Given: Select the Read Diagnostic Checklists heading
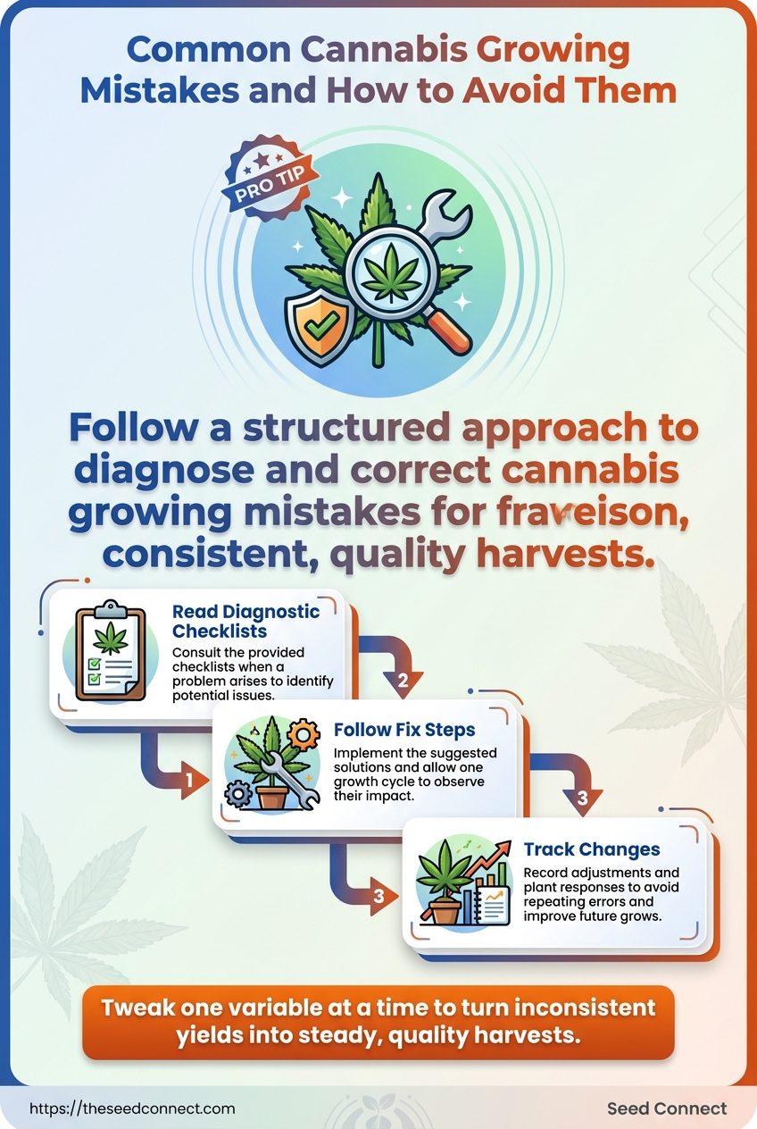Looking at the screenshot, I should point(245,622).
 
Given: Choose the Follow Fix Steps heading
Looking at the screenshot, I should point(403,730).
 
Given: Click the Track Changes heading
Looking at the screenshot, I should point(592,849).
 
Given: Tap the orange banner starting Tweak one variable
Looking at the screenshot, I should point(378,1021).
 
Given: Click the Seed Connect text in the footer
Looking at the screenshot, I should point(666,1108).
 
